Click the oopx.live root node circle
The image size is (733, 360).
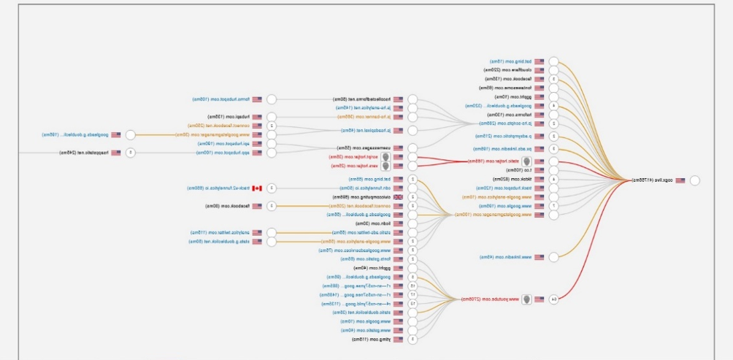694,180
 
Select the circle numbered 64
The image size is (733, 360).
553,299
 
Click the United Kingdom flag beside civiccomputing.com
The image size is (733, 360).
398,197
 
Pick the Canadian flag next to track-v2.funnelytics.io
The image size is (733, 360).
256,188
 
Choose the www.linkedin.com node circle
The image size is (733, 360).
553,257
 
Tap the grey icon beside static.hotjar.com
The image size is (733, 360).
526,161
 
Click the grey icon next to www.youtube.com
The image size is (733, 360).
526,299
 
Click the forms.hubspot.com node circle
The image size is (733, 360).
271,99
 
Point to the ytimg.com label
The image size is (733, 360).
368,340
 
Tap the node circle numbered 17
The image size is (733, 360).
412,295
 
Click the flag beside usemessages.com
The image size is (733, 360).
398,148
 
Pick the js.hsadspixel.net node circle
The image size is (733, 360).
412,131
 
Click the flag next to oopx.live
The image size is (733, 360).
680,180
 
